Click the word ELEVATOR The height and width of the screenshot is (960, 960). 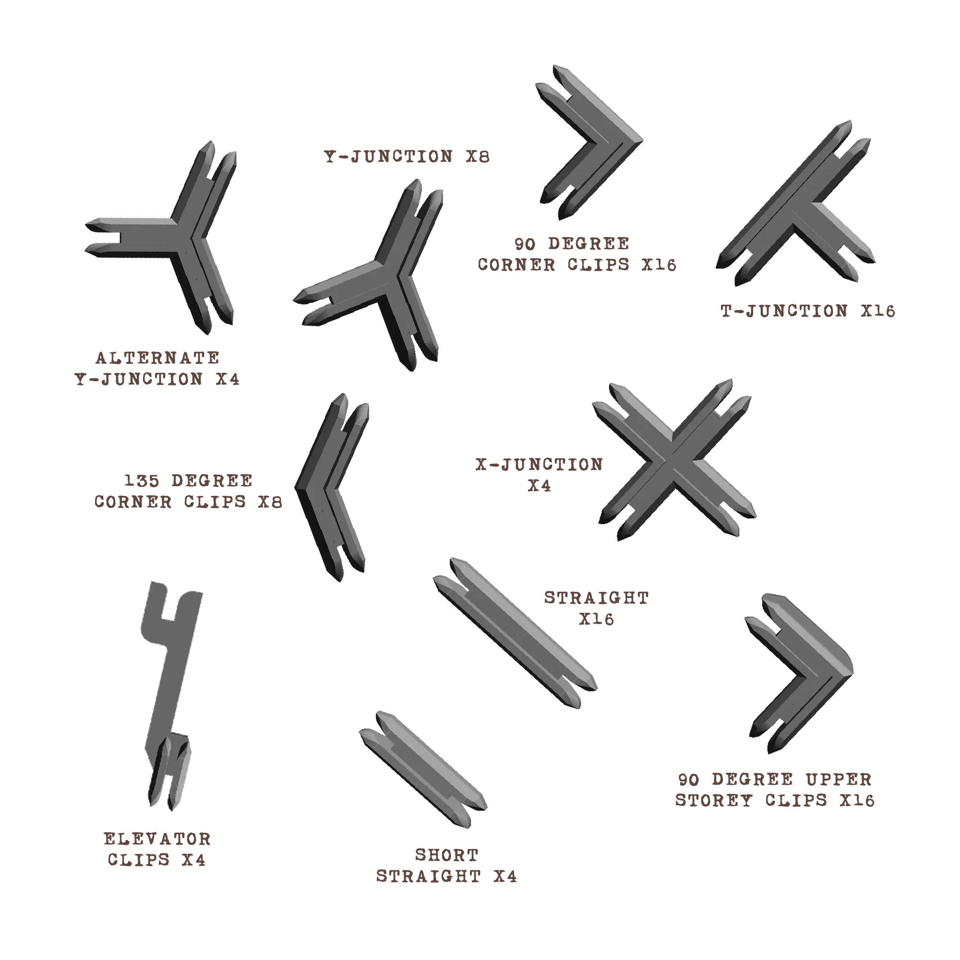tap(157, 839)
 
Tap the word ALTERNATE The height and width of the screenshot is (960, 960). tap(157, 358)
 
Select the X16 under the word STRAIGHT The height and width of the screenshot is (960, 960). tap(597, 619)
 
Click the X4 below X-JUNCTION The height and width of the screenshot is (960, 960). tap(540, 485)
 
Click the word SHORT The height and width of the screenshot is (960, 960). tap(447, 855)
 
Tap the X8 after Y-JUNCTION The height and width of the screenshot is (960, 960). tap(478, 156)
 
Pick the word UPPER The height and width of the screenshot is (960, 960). tap(839, 779)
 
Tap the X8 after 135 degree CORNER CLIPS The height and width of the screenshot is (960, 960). tap(270, 502)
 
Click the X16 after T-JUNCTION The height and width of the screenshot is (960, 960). tap(878, 311)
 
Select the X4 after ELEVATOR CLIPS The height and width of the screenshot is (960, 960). tap(194, 860)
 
